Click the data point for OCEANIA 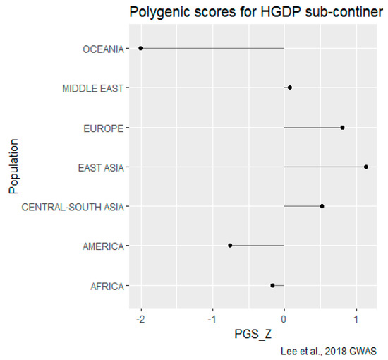click(x=141, y=48)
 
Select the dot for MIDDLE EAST click(x=290, y=88)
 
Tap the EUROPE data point click(x=343, y=128)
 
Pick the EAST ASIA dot click(x=366, y=167)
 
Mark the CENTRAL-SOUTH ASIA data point click(x=322, y=206)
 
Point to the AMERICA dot click(x=230, y=246)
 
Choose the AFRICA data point click(x=272, y=285)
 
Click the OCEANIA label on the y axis click(x=103, y=49)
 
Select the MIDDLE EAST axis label click(x=92, y=88)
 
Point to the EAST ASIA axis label click(x=100, y=167)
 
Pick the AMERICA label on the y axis click(x=103, y=246)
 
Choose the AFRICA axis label click(x=107, y=286)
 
